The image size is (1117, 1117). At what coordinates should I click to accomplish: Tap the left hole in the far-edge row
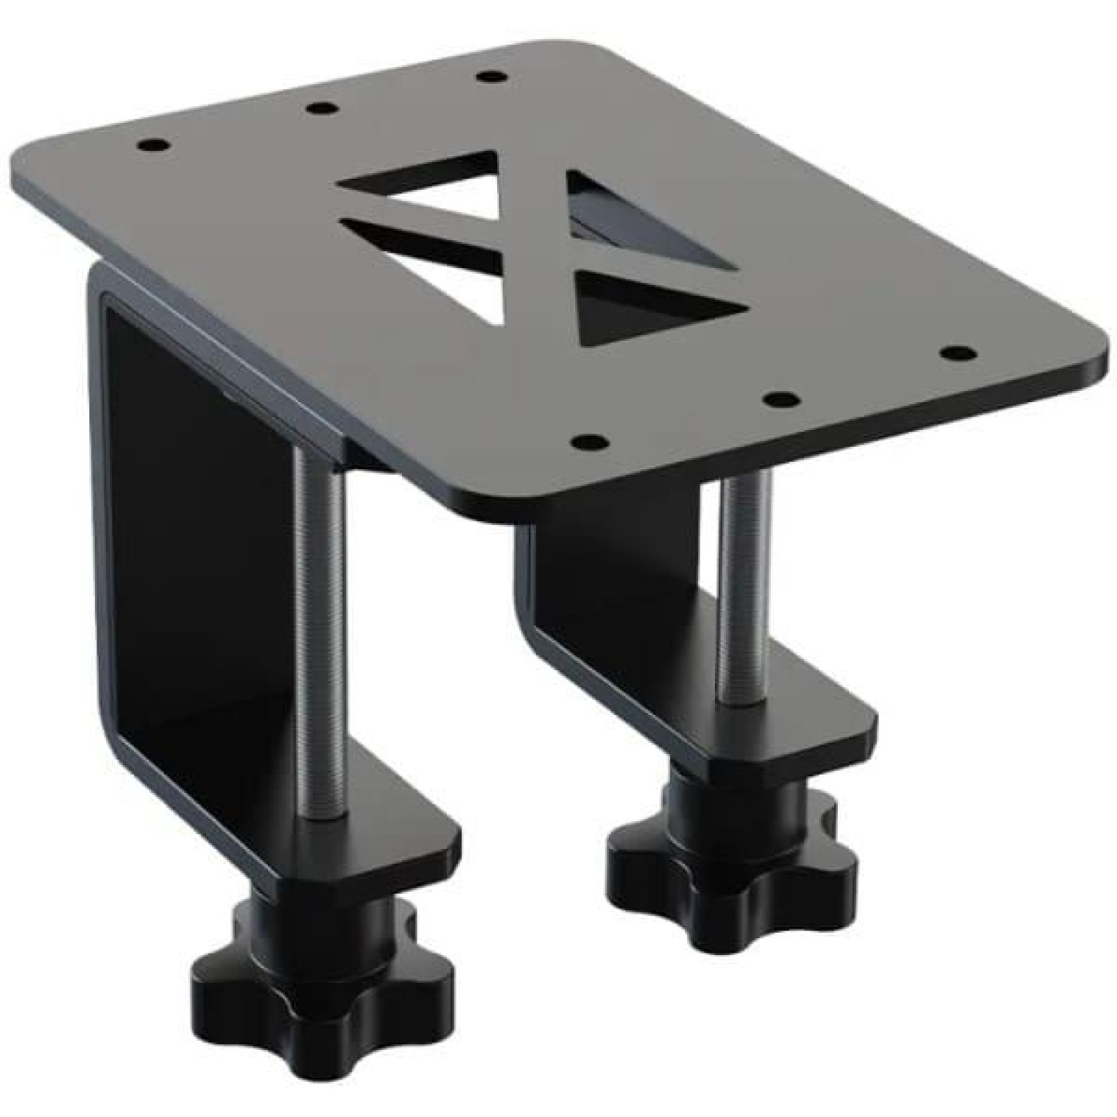pyautogui.click(x=151, y=146)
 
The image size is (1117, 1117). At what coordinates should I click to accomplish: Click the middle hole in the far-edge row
pyautogui.click(x=321, y=108)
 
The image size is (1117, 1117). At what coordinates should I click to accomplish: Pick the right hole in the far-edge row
pyautogui.click(x=491, y=77)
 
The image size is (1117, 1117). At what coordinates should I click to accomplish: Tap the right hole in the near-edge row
pyautogui.click(x=955, y=352)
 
